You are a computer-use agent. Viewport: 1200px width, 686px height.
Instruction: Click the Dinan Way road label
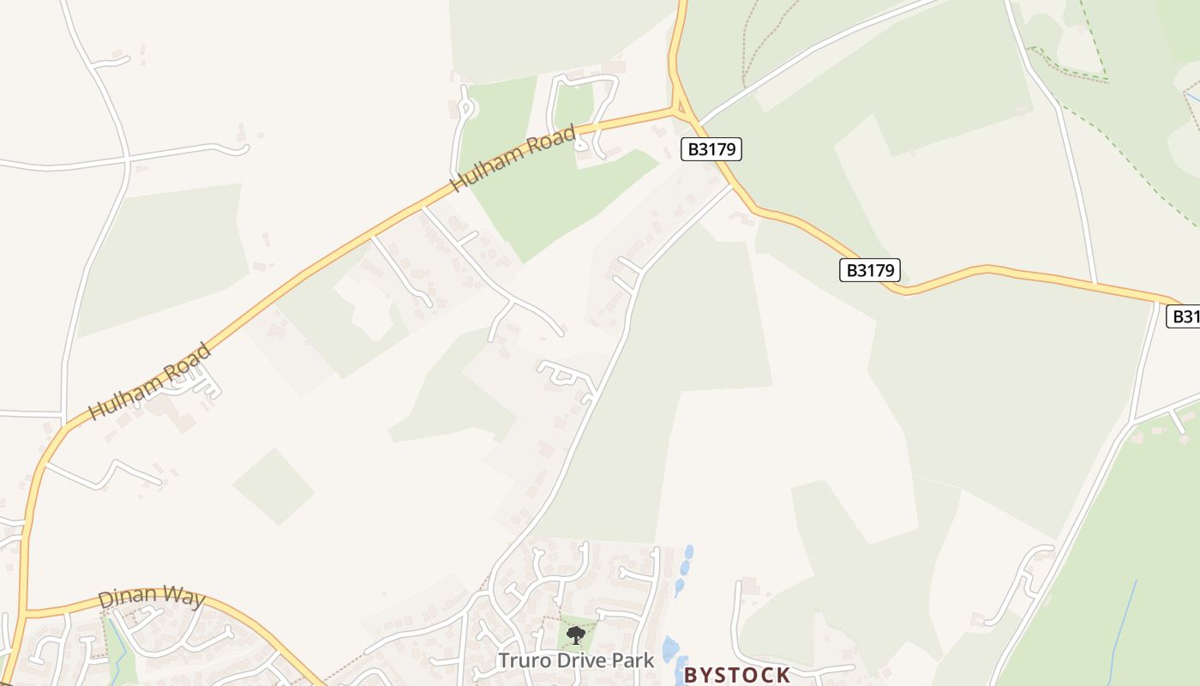152,598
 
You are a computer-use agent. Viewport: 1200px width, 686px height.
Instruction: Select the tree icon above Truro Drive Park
576,635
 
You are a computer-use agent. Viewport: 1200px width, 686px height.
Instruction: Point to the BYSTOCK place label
737,675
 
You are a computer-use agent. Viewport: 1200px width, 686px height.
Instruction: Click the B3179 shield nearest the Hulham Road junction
711,149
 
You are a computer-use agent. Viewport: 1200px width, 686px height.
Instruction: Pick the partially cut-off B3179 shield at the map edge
1185,316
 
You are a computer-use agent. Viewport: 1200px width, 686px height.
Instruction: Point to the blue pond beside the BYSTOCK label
669,649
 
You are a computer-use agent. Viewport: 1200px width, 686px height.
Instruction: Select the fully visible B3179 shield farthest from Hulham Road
869,270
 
